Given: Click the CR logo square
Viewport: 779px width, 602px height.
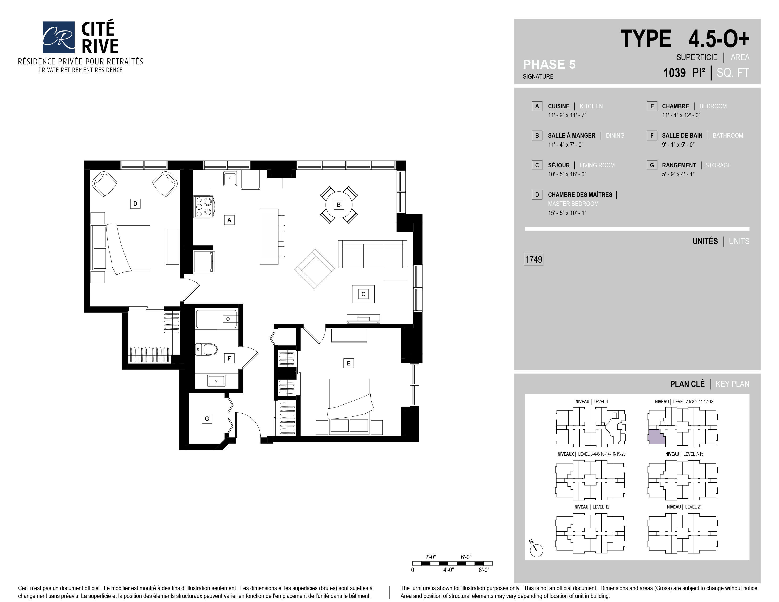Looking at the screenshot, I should [59, 37].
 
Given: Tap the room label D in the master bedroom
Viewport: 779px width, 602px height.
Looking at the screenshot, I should [135, 204].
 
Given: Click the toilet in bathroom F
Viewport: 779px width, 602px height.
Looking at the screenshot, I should [207, 349].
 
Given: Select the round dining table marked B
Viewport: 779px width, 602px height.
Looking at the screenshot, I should [339, 205].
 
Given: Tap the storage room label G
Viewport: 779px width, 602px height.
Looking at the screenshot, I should [207, 419].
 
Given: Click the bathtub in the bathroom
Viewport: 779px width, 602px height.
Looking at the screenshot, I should [216, 319].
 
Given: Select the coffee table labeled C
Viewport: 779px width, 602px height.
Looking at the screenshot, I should [363, 294].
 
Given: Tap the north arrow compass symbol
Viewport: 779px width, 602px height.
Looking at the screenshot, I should [536, 550].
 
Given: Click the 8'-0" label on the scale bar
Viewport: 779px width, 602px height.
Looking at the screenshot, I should [484, 570].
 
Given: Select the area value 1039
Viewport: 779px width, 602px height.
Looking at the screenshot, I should [674, 73].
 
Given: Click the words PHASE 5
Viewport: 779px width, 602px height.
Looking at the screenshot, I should [549, 64].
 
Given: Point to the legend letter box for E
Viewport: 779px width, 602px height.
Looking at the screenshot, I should [652, 106].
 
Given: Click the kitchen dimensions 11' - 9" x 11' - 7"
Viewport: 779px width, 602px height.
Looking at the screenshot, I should [567, 115].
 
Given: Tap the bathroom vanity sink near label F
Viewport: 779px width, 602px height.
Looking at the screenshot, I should [216, 381].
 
